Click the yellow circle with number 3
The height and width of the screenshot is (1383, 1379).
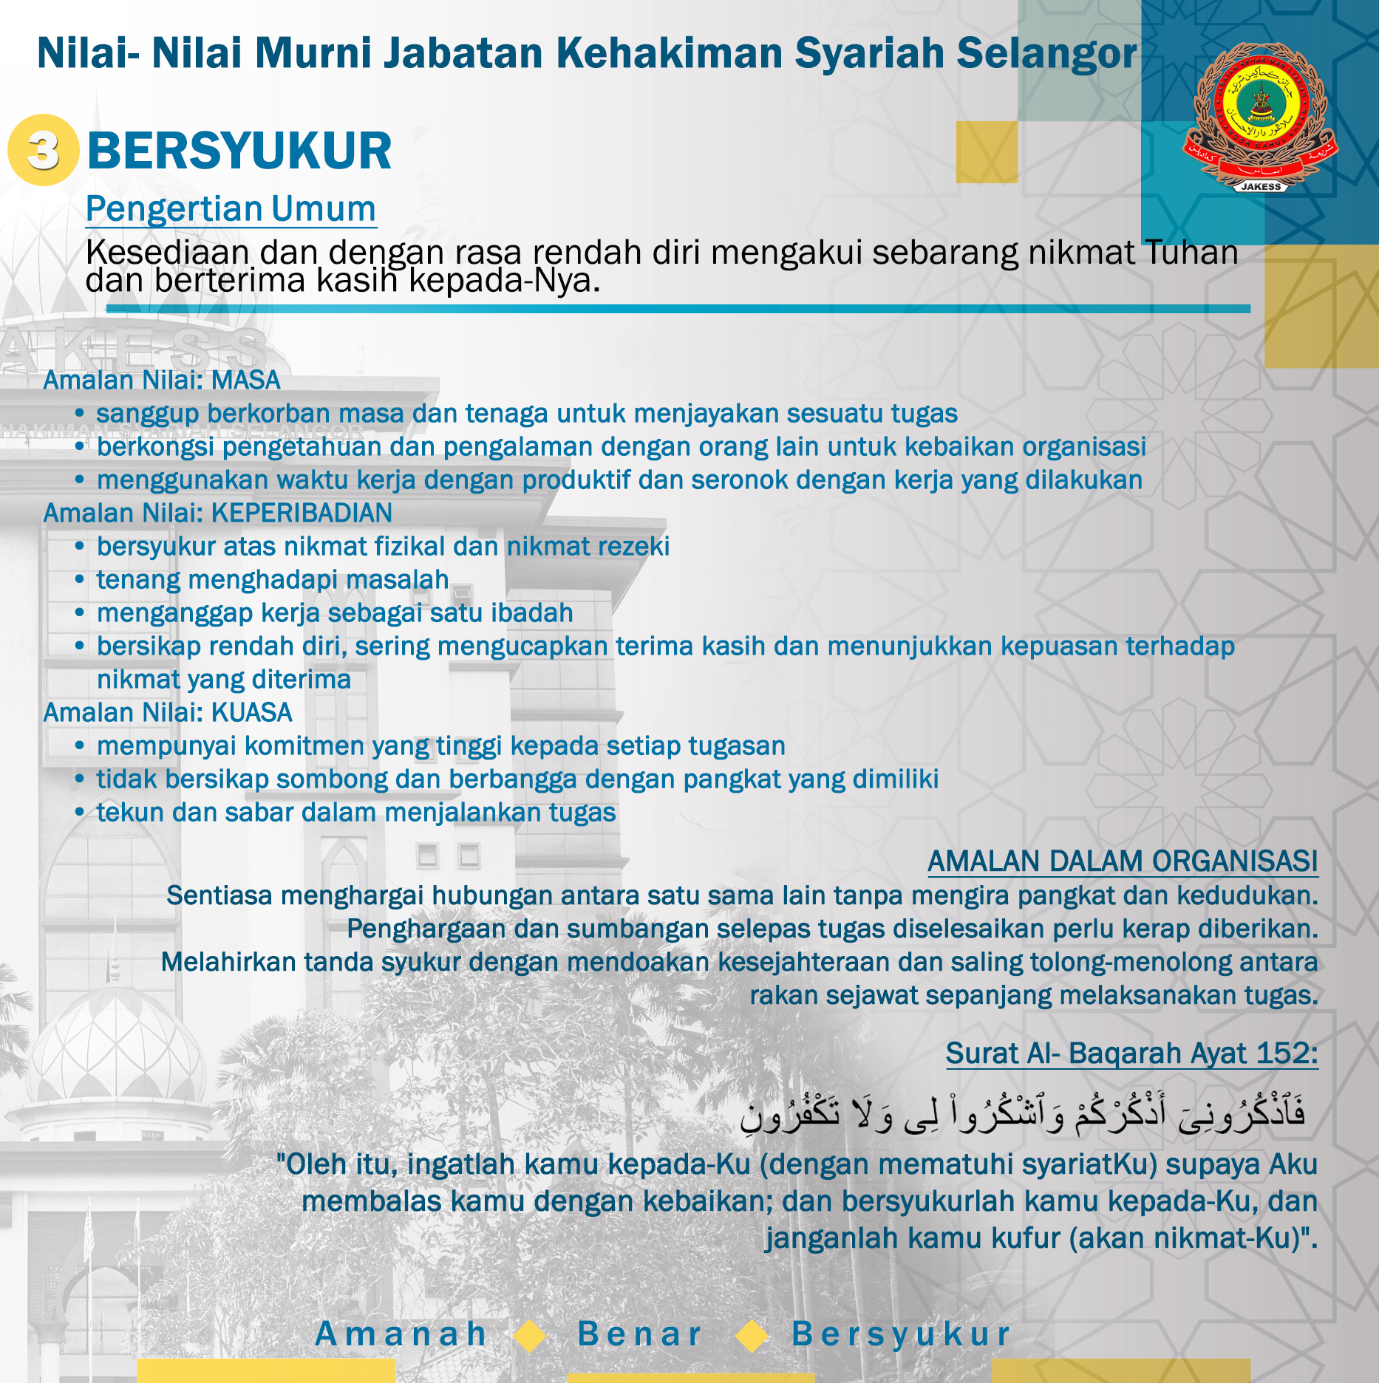tap(43, 150)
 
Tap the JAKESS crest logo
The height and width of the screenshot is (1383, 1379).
tap(1261, 117)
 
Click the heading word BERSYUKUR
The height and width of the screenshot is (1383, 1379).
tap(239, 151)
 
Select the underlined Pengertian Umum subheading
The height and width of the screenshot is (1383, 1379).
tap(231, 209)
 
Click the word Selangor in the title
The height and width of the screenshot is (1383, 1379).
tap(1046, 53)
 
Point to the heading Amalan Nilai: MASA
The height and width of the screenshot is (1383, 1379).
tap(162, 380)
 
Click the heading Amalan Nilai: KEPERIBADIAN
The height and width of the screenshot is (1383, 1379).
tap(217, 513)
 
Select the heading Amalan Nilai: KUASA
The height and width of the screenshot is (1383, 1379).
tap(168, 713)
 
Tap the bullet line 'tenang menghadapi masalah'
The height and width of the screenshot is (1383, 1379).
tap(272, 580)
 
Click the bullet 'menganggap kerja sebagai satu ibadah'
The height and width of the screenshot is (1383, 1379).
tap(334, 613)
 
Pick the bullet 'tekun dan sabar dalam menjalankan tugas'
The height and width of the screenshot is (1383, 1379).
tap(355, 813)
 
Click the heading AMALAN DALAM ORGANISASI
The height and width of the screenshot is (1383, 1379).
tap(1122, 861)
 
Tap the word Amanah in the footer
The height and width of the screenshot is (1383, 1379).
tap(401, 1334)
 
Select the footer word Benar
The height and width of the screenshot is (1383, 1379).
tap(639, 1334)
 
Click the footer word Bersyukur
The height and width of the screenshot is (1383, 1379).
tap(901, 1334)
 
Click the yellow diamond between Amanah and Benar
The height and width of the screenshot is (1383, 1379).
tap(529, 1336)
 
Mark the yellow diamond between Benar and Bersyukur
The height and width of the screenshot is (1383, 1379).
tap(752, 1336)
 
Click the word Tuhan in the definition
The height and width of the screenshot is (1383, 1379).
tap(1191, 253)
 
